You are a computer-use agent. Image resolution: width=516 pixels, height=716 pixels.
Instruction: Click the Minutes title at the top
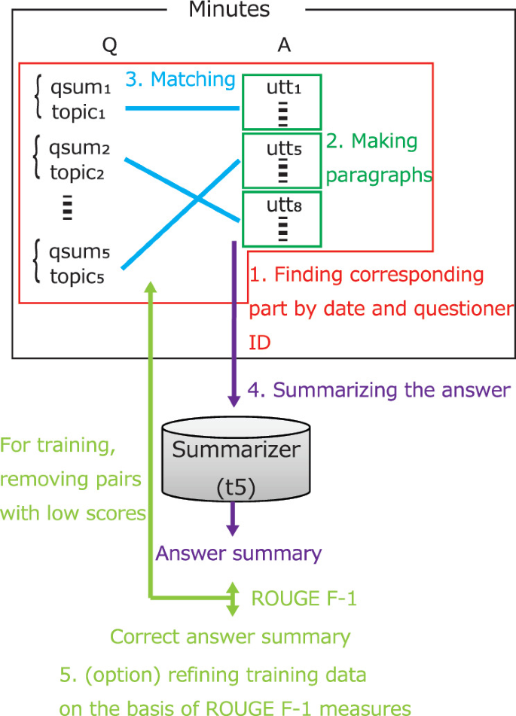coord(229,10)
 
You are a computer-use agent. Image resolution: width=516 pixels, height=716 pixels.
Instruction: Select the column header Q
coord(109,46)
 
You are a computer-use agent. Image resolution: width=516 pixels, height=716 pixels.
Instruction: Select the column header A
coord(283,46)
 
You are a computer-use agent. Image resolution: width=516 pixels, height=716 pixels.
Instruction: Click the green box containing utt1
coord(281,102)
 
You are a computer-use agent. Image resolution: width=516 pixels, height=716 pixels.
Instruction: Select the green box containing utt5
coord(281,160)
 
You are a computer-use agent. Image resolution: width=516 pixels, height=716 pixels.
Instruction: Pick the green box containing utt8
coord(281,218)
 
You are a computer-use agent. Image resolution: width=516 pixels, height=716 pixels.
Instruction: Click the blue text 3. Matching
coord(180,79)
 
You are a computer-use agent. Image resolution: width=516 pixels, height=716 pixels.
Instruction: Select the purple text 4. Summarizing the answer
coord(379,390)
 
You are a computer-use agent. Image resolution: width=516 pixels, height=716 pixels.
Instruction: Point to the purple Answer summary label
coord(238,553)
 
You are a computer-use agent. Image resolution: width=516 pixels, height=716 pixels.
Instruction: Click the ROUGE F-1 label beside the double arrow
coord(303,599)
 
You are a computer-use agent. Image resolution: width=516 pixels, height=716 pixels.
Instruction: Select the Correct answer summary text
coord(230,637)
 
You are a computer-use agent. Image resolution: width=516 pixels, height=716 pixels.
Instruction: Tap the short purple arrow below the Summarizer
coord(234,519)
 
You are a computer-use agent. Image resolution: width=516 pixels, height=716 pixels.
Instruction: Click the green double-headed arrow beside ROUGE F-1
coord(234,599)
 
